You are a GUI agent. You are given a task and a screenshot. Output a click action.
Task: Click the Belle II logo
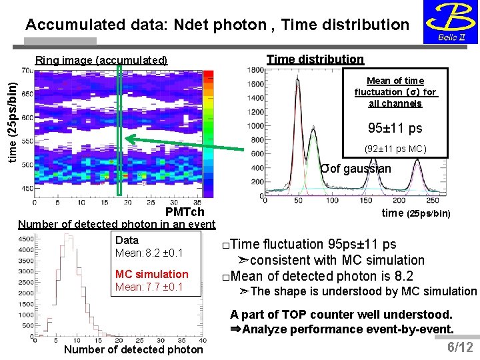pyautogui.click(x=449, y=22)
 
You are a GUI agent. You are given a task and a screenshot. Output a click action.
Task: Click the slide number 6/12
pyautogui.click(x=459, y=347)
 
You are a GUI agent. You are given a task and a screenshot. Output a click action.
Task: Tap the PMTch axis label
pyautogui.click(x=185, y=212)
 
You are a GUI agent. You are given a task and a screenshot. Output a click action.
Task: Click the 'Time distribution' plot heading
pyautogui.click(x=315, y=59)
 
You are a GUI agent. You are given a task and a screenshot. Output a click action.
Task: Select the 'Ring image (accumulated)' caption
pyautogui.click(x=101, y=60)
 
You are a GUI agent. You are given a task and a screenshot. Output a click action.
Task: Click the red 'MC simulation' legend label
pyautogui.click(x=151, y=274)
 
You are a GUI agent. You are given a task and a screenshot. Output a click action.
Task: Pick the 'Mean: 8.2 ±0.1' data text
pyautogui.click(x=149, y=253)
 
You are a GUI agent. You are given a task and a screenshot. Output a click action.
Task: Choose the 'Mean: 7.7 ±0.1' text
pyautogui.click(x=149, y=287)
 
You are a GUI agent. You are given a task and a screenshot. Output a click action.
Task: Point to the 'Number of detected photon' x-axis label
pyautogui.click(x=133, y=349)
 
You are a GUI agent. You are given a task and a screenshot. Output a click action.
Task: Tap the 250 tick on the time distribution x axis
pyautogui.click(x=432, y=200)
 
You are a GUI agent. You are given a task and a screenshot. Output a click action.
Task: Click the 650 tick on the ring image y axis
pyautogui.click(x=27, y=94)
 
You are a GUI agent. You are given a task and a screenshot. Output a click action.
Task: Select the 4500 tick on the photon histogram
pyautogui.click(x=26, y=238)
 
